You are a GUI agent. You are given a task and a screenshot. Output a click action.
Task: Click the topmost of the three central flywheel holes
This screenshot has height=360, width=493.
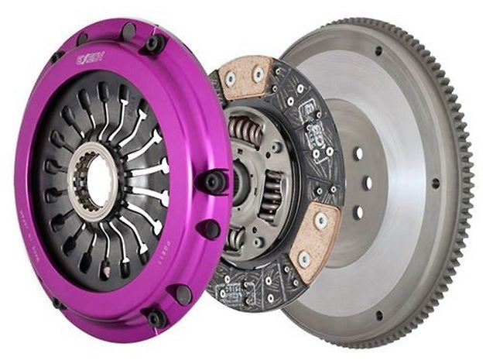[357, 153]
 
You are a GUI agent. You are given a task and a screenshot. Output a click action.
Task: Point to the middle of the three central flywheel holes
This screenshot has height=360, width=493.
[367, 182]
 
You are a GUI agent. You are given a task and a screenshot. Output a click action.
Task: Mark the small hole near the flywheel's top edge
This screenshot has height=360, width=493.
[378, 51]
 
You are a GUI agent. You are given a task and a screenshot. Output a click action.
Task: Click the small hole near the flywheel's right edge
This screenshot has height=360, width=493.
[436, 184]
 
